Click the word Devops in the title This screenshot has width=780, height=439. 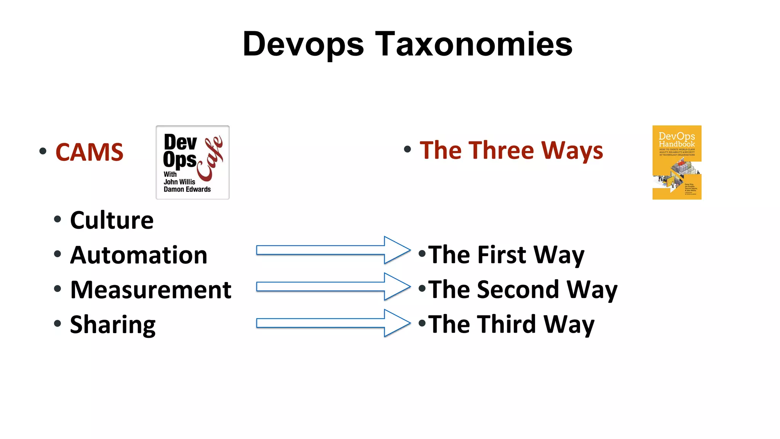coord(303,45)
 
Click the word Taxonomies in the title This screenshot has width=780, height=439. coord(473,45)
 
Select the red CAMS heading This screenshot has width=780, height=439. coord(90,152)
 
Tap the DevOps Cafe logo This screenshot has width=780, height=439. coord(193,162)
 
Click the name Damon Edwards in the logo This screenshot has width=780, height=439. coord(187,189)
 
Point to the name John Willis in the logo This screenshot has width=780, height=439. coord(179,182)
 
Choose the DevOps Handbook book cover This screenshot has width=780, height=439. coord(677,162)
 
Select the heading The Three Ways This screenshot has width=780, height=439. coord(511,150)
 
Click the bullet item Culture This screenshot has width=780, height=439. coord(112,220)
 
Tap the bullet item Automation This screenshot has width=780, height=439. coord(139,255)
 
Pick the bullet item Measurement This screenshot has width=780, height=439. coord(151,290)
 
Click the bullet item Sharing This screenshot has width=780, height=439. coord(113,325)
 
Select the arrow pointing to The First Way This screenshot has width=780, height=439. coord(333,250)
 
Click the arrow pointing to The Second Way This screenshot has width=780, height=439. coord(333,287)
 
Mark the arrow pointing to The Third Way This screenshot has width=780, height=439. coord(333,323)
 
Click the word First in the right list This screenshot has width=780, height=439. coord(502,255)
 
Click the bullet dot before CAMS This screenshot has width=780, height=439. coord(43,152)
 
